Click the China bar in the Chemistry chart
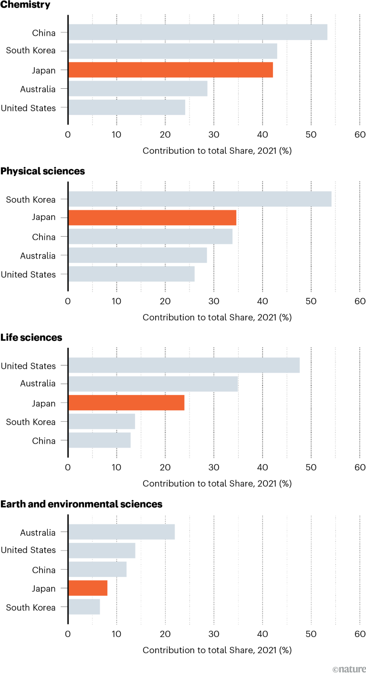click(198, 32)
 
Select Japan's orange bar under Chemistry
click(170, 70)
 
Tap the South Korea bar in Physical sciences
click(199, 199)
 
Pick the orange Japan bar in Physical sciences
click(152, 218)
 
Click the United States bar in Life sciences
click(184, 365)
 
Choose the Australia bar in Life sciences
click(153, 384)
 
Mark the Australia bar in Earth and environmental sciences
click(121, 532)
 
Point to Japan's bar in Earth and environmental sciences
click(88, 588)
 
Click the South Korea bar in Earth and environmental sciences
click(84, 607)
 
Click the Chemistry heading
click(26, 5)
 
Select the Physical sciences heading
click(42, 171)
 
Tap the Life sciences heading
click(31, 338)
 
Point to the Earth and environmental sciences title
click(81, 504)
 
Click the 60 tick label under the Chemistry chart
click(360, 134)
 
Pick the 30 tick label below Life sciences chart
click(214, 467)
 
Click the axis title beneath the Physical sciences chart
click(217, 317)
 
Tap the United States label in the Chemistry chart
click(28, 108)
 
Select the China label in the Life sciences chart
click(44, 441)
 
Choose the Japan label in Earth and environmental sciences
click(44, 588)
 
